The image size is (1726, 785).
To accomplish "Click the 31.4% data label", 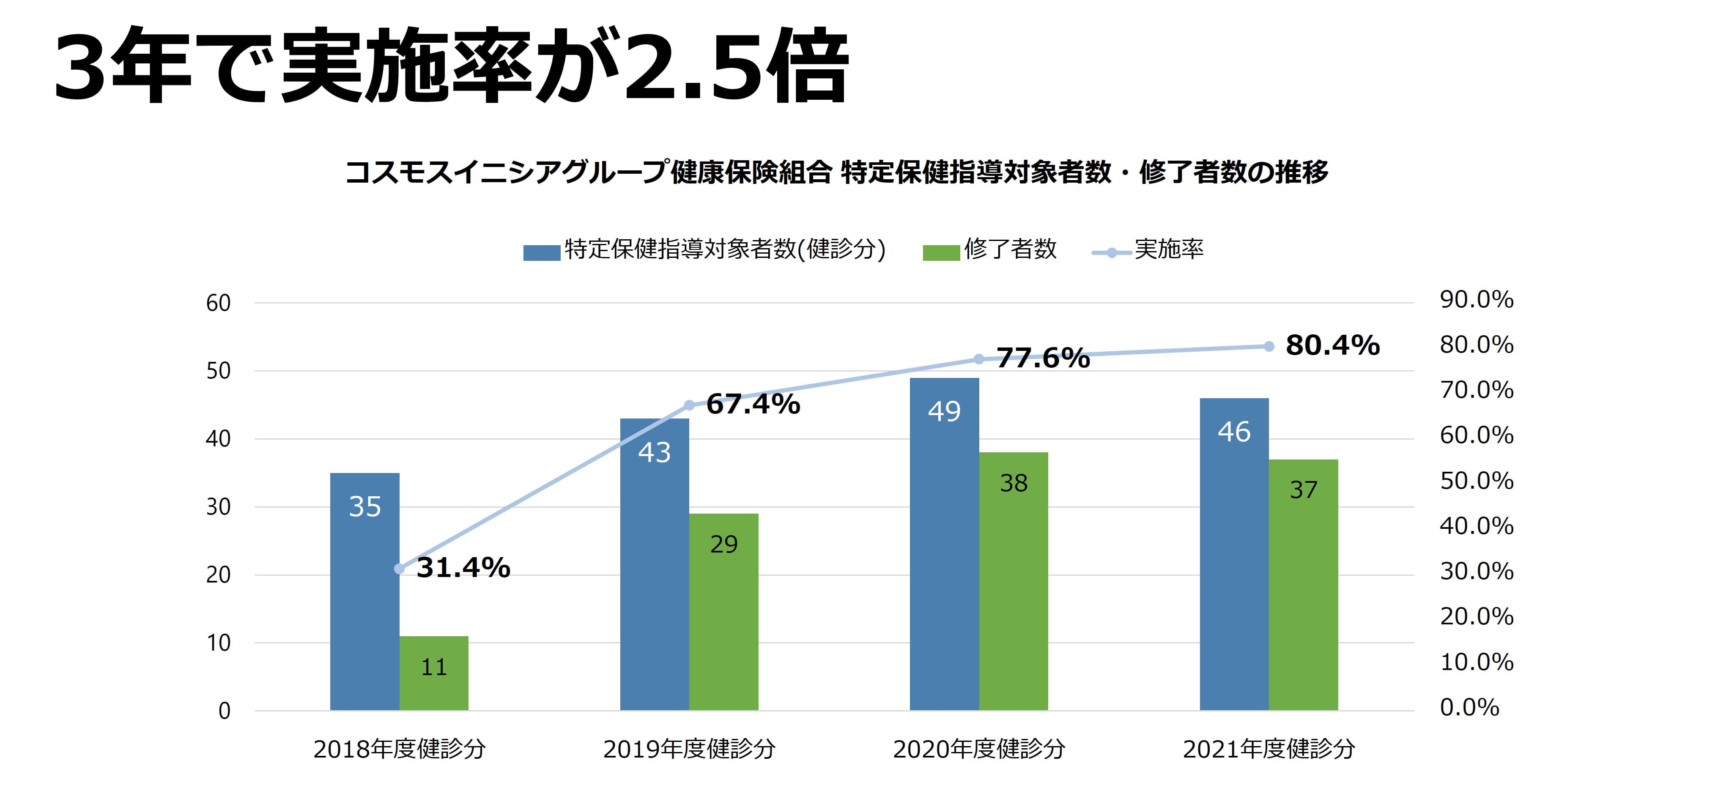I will [463, 568].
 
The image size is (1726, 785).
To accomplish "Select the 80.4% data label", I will [1332, 346].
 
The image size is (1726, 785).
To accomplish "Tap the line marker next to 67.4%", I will [689, 405].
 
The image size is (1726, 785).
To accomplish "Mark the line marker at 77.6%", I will [978, 359].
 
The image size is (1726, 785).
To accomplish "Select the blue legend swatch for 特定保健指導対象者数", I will [541, 252].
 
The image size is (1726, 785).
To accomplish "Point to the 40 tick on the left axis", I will [219, 439].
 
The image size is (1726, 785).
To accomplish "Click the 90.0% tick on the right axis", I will [1476, 299].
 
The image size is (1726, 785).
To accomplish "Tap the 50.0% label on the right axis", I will [1476, 481].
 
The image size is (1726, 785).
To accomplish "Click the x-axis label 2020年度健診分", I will [978, 749].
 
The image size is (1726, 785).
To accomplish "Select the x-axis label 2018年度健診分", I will [399, 749].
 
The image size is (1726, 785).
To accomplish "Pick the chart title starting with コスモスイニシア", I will [836, 172].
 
